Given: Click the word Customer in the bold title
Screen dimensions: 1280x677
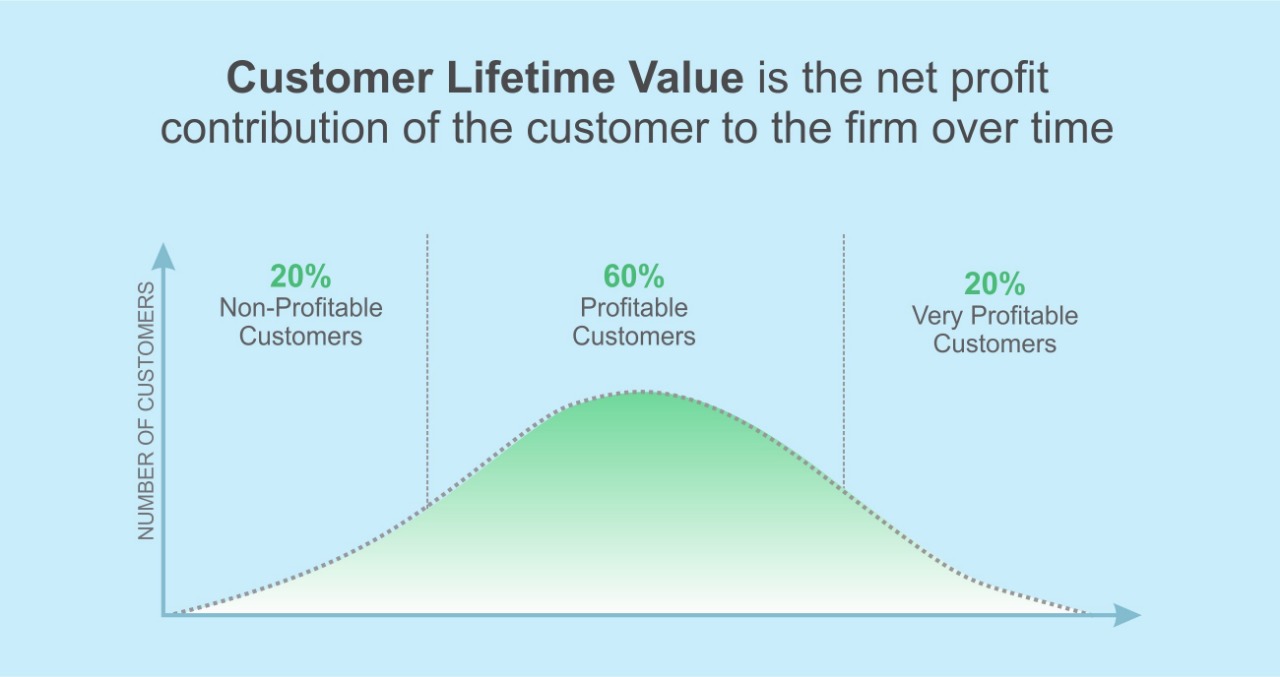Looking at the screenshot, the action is (329, 78).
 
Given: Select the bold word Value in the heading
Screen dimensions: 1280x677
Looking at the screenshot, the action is (686, 78).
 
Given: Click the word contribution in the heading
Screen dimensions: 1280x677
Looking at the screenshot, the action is (274, 127).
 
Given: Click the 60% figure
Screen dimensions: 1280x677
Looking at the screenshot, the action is (634, 276).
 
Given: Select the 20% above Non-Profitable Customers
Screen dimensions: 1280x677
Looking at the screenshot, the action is (301, 276).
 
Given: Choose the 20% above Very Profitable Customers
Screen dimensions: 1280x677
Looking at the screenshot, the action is (994, 283).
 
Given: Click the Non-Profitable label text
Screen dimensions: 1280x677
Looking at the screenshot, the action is (301, 308).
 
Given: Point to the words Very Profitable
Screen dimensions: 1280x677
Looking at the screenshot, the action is (994, 316).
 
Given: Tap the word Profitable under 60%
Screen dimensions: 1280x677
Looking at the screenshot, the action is (634, 308).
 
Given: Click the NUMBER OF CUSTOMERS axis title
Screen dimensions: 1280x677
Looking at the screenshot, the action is (146, 411).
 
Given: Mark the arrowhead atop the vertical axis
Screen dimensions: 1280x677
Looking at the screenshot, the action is (163, 256).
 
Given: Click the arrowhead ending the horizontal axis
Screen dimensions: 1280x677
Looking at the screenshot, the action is (1127, 615).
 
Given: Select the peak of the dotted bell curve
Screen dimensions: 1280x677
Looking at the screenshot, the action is (640, 392).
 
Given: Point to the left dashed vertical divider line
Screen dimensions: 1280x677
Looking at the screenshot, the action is (427, 369).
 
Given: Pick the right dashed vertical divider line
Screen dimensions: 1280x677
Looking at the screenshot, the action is (843, 362).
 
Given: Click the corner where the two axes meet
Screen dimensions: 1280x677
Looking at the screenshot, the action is (164, 615).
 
